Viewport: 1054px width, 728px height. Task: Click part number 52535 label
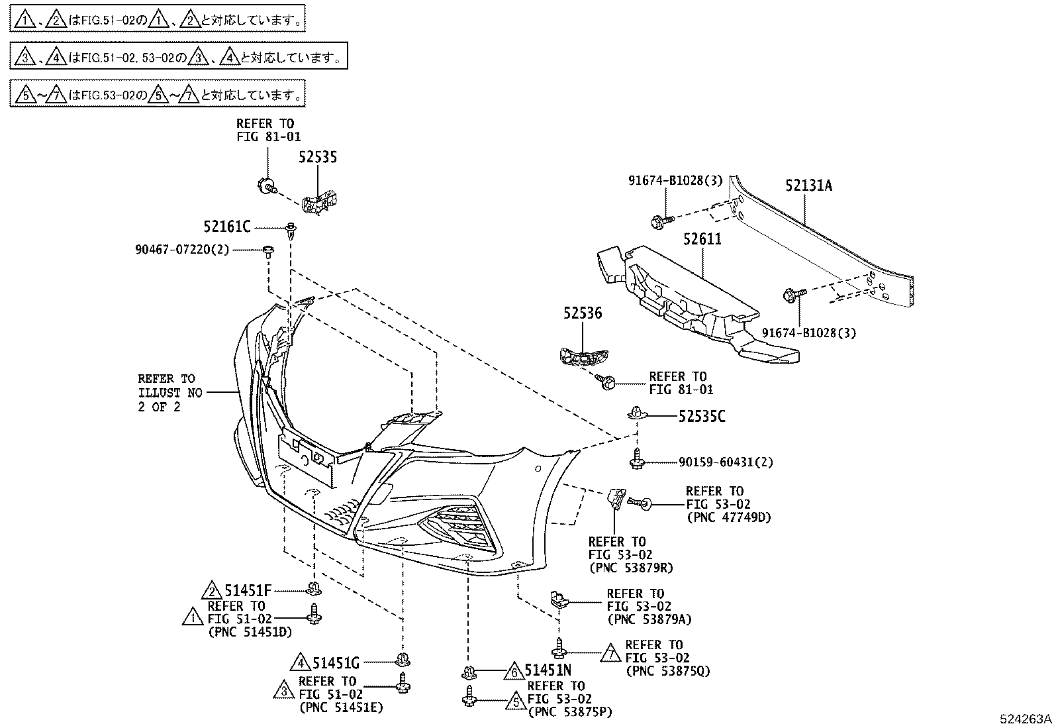coord(317,157)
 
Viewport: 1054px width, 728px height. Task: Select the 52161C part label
coord(227,227)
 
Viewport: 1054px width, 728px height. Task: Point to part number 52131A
coord(808,185)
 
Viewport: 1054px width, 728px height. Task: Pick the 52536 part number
coord(583,313)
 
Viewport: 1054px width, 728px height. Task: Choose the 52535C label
coord(701,417)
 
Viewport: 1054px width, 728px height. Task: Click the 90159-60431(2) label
coord(726,462)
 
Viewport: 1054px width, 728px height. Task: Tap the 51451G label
coord(336,662)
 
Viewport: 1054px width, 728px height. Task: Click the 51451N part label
coord(548,670)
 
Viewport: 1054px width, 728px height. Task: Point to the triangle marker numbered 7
coord(611,654)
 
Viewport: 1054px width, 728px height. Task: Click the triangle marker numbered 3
coord(283,691)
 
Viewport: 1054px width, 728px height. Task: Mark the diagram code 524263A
coord(1026,719)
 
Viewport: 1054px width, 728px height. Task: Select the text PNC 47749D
coord(729,517)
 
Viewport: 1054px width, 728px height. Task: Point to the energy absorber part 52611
coord(689,298)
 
